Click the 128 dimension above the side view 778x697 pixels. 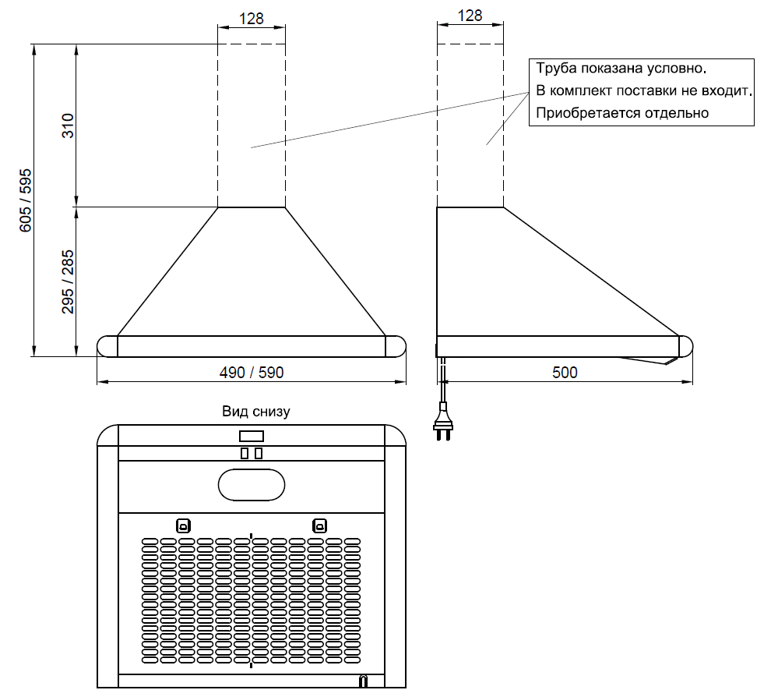tap(470, 16)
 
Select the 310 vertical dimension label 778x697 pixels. tap(69, 126)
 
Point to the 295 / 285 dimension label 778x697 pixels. tap(69, 281)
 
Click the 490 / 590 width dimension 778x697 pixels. tap(251, 373)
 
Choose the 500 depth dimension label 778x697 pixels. tap(565, 373)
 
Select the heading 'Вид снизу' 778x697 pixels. tap(255, 411)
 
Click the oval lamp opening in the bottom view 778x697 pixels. tap(252, 484)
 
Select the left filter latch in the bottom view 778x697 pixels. tap(183, 525)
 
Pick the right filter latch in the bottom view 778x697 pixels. tap(319, 525)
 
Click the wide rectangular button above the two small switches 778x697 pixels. tap(252, 436)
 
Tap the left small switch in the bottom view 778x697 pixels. tap(245, 453)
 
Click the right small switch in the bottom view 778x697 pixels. tap(259, 453)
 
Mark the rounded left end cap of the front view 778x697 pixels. tap(107, 346)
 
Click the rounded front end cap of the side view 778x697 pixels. tap(685, 345)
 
